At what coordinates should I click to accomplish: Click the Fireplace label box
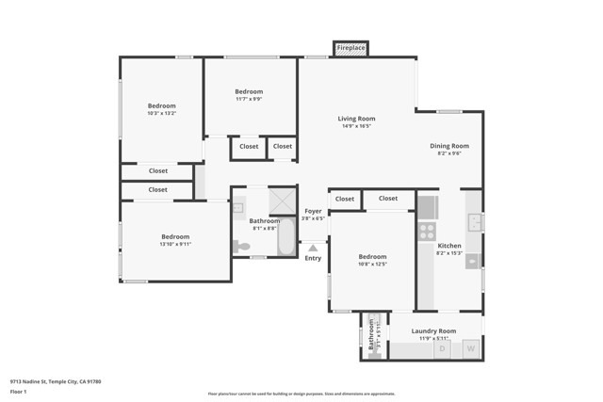351,48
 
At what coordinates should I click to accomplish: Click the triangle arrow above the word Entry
313,248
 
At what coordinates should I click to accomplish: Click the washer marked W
470,349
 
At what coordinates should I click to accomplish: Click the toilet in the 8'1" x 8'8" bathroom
241,247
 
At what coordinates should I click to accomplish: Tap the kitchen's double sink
476,222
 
